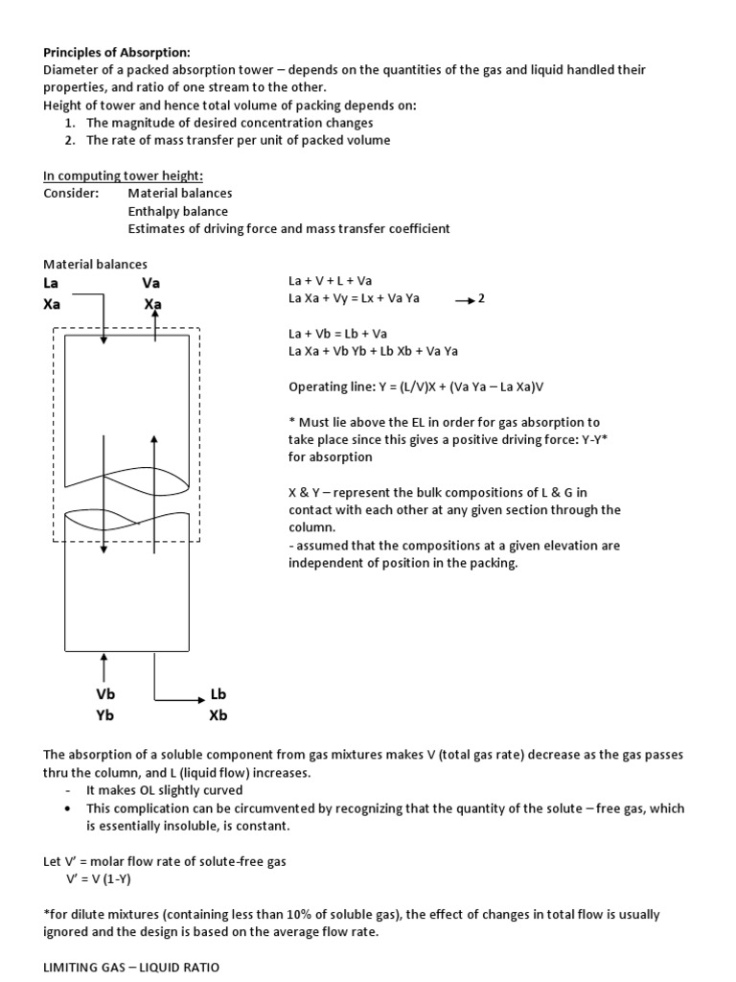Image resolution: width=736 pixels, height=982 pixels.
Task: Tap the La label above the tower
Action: (52, 283)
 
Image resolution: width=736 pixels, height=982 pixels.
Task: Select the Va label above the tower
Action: (151, 283)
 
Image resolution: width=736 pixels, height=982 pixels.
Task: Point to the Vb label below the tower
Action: (105, 694)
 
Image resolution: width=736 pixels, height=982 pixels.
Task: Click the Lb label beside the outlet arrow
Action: (218, 694)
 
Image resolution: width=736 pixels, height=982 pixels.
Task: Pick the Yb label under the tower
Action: (105, 715)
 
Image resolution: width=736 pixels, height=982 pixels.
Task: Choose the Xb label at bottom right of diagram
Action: (218, 715)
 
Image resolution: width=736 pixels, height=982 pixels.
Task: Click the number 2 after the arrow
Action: (481, 299)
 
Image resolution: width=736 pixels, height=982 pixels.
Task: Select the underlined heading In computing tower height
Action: (123, 175)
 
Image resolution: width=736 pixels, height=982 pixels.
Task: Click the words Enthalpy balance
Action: (178, 211)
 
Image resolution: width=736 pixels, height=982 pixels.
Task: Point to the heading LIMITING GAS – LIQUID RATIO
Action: (131, 968)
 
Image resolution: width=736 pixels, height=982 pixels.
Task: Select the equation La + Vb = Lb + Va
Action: (337, 334)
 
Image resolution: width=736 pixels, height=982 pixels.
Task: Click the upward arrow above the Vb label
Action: (104, 665)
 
